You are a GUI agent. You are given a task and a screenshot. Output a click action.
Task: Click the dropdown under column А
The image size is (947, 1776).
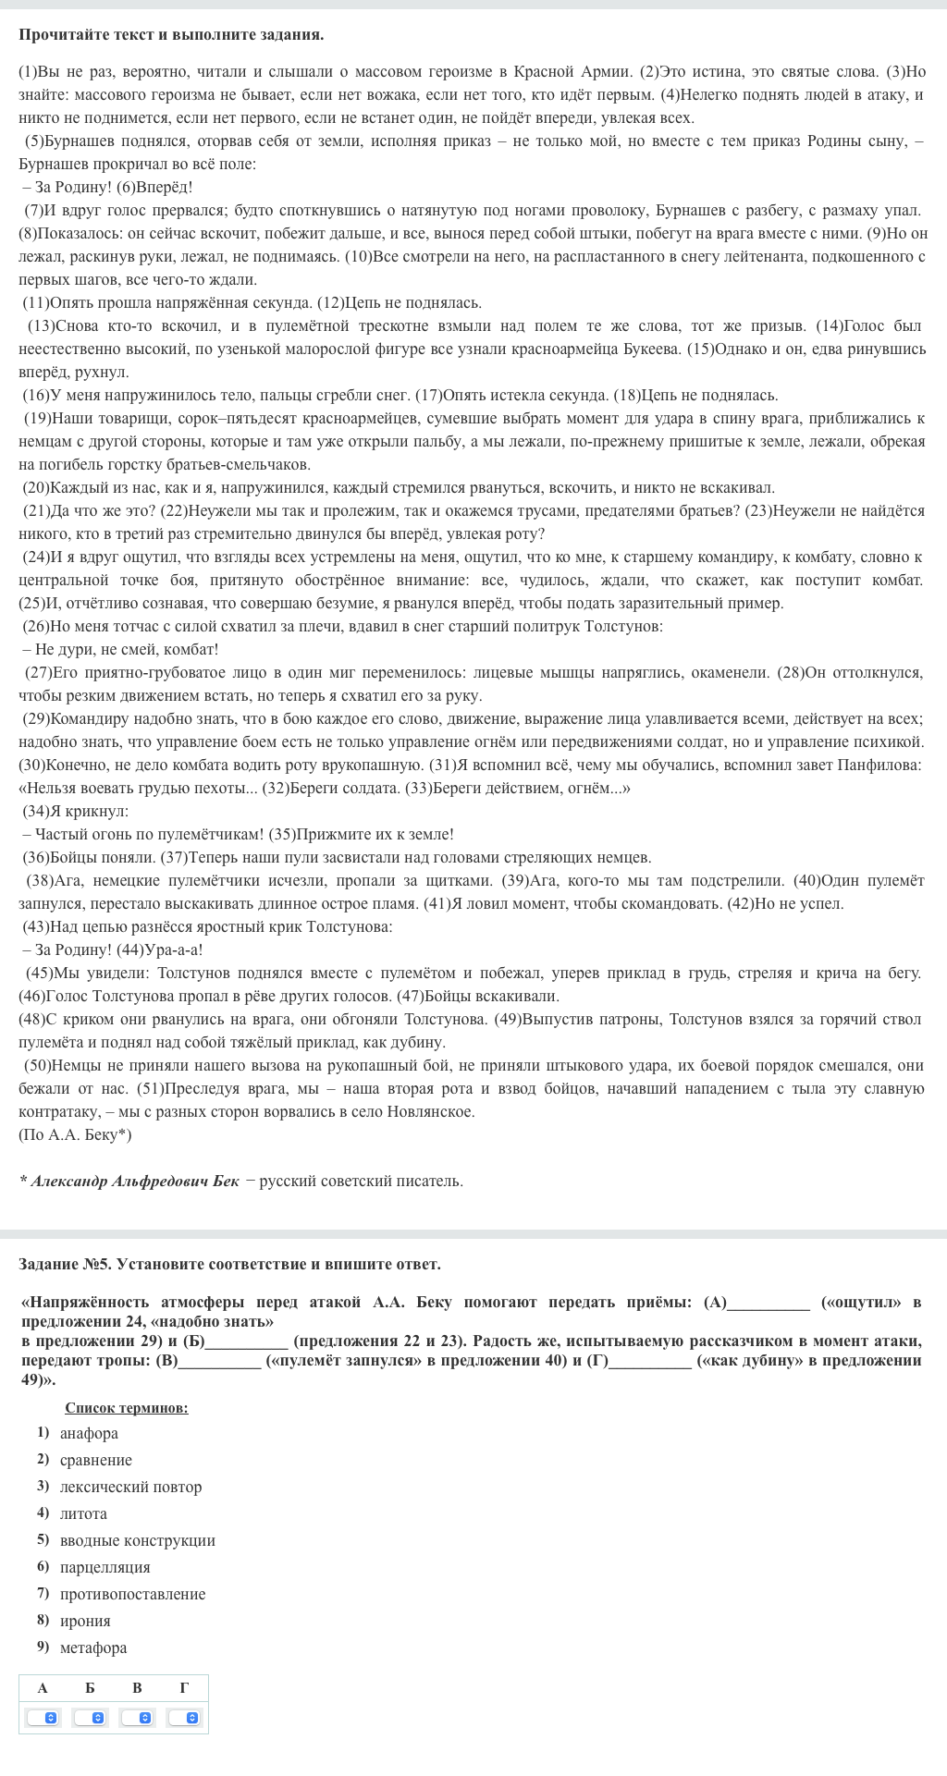(x=43, y=1718)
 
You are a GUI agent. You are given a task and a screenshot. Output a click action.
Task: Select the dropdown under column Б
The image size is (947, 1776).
(x=91, y=1718)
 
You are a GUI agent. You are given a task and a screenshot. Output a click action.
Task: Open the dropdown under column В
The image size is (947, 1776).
(x=138, y=1718)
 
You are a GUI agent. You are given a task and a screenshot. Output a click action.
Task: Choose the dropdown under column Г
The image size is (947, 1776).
(x=185, y=1718)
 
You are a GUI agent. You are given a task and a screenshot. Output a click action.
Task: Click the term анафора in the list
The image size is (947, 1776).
(x=89, y=1433)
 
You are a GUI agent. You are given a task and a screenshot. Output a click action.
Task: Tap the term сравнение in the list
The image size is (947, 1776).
(x=95, y=1460)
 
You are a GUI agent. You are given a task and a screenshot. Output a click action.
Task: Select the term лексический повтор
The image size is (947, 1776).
(x=130, y=1487)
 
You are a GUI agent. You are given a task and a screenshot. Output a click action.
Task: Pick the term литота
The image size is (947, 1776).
(x=83, y=1513)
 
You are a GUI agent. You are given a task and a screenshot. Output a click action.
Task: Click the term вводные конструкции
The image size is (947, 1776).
(x=137, y=1540)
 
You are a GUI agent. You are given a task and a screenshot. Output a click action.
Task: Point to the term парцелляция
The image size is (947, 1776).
(x=105, y=1567)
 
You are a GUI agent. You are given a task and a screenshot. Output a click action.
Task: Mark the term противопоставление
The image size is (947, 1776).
(x=132, y=1594)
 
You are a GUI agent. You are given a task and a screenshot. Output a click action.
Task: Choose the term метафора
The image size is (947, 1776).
(x=93, y=1647)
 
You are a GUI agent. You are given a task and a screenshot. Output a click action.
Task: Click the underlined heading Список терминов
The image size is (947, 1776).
(x=127, y=1408)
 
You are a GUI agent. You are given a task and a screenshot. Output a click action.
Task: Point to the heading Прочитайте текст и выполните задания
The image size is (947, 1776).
(x=171, y=35)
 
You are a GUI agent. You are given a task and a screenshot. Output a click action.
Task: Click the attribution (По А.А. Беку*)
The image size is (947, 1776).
(x=75, y=1134)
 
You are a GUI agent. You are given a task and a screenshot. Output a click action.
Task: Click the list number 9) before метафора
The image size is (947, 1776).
(x=43, y=1647)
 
